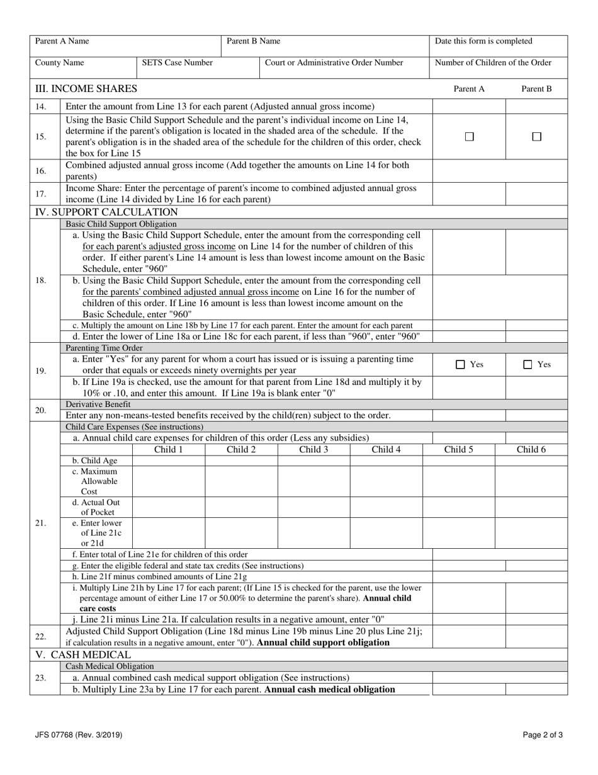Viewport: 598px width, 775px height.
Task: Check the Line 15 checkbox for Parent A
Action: (x=469, y=137)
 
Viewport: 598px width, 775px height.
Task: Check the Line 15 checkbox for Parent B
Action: (x=537, y=137)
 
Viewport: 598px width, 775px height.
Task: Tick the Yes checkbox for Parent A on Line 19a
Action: (x=461, y=364)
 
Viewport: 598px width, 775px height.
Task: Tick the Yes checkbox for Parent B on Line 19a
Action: (x=529, y=364)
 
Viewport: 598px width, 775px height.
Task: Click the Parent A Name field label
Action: (x=62, y=42)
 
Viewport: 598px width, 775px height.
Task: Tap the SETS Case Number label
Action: (x=177, y=63)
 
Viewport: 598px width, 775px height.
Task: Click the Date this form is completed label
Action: (x=483, y=42)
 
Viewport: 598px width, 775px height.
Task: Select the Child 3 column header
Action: (x=313, y=450)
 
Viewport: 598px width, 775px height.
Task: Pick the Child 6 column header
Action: (x=531, y=450)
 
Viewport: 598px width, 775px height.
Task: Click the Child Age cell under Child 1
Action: (x=169, y=461)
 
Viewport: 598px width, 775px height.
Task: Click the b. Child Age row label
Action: (x=94, y=461)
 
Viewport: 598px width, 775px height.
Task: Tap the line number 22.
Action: (x=40, y=637)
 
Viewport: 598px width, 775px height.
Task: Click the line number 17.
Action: (x=40, y=194)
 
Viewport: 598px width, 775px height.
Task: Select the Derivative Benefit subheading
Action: (x=98, y=405)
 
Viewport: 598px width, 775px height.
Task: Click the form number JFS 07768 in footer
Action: (x=79, y=735)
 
